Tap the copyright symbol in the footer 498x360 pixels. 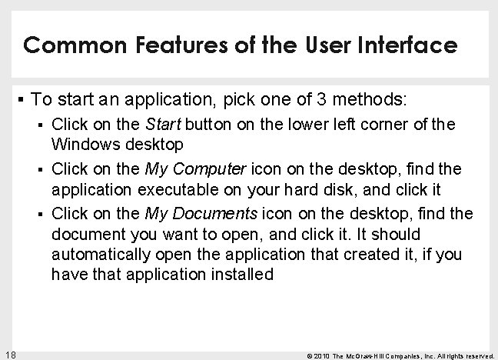pyautogui.click(x=309, y=354)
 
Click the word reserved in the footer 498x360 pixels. pyautogui.click(x=477, y=354)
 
